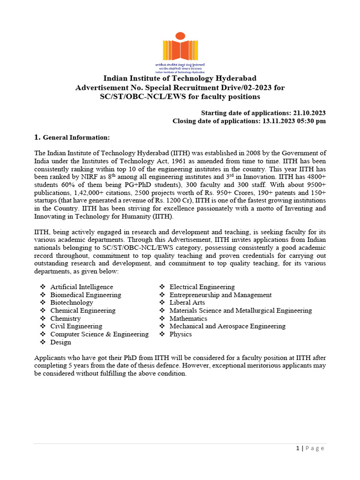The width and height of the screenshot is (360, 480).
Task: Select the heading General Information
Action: point(76,137)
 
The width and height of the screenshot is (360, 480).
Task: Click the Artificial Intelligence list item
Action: point(82,287)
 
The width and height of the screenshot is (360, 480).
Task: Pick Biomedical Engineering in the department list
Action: point(85,295)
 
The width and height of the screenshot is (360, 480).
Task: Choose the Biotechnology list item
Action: point(72,303)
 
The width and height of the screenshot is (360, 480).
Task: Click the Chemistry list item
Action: point(66,319)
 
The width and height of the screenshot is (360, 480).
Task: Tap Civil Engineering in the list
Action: point(76,326)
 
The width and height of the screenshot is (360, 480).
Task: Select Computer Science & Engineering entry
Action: point(99,334)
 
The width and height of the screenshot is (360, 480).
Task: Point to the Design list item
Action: point(61,342)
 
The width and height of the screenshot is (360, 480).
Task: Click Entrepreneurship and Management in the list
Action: point(220,295)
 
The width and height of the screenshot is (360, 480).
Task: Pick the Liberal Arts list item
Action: point(187,303)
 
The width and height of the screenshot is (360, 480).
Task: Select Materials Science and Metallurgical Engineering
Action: point(240,311)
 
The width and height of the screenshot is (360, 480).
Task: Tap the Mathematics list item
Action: point(188,319)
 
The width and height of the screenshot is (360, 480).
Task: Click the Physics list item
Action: point(180,334)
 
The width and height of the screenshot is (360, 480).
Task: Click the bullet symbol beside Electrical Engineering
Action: point(162,287)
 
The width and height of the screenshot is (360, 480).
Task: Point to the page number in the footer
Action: point(298,448)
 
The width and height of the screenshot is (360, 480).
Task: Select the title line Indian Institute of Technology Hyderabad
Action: point(180,78)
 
